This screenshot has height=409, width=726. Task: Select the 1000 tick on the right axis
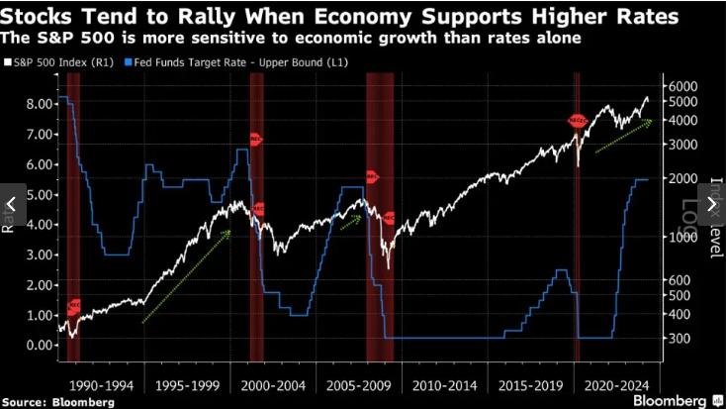pos(683,237)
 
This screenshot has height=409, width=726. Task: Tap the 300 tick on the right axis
pos(681,338)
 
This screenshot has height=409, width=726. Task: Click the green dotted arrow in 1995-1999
pos(188,276)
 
